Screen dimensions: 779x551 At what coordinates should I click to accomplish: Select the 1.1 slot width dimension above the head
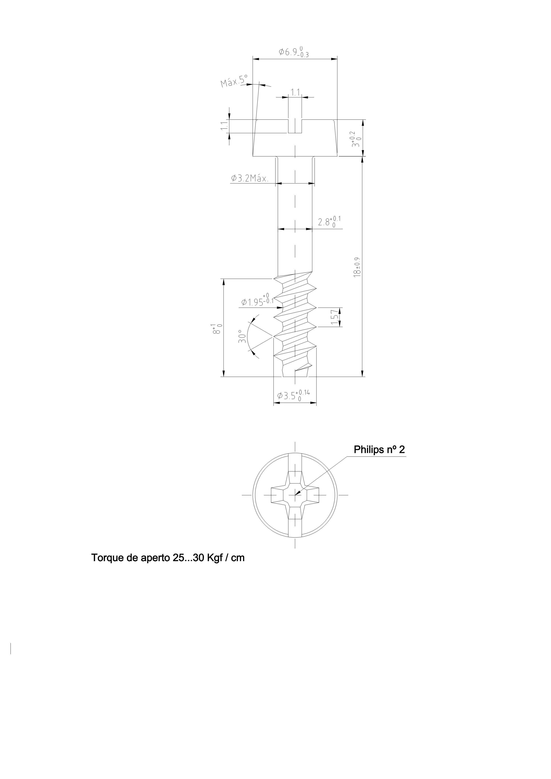tap(295, 92)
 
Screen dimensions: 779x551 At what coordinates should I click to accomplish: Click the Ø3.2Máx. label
tap(249, 179)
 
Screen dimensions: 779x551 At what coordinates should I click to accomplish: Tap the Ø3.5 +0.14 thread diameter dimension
tap(293, 395)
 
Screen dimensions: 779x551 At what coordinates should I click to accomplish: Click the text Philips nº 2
tap(379, 450)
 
